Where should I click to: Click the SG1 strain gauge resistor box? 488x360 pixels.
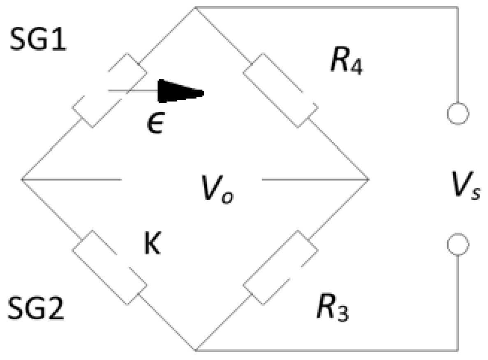coord(110,90)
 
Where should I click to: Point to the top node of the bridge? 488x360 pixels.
coord(196,7)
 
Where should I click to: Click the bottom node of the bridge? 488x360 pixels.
coord(196,351)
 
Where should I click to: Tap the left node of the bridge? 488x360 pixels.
coord(22,180)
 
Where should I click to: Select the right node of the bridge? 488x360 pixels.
coord(369,180)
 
